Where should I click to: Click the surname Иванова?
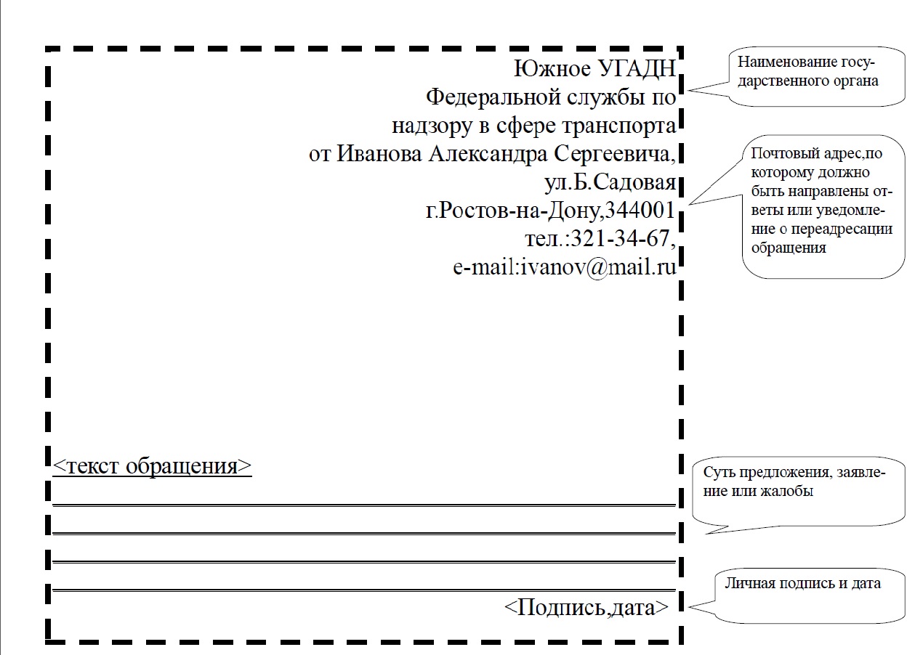point(379,154)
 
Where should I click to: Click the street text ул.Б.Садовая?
point(610,182)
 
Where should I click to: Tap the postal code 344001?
point(640,211)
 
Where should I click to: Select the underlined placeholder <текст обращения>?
point(152,466)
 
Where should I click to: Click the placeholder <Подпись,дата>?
point(587,607)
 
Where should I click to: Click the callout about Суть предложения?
point(799,491)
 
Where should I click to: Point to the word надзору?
point(432,126)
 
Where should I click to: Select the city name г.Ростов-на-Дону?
point(512,211)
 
